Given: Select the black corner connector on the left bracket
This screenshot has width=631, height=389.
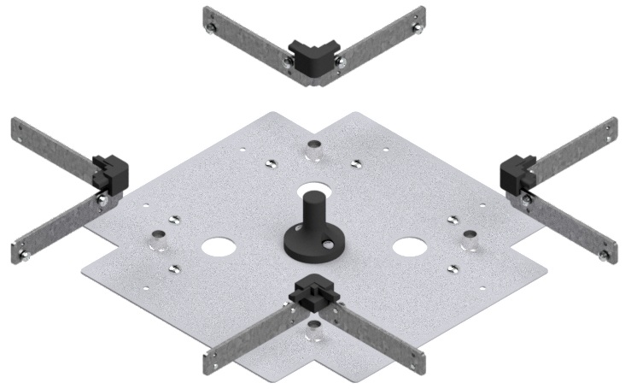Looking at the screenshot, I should click(110, 171).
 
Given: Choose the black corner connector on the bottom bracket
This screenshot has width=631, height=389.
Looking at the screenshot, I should click(315, 293).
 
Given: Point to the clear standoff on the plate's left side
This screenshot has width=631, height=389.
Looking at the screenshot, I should click(158, 238).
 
